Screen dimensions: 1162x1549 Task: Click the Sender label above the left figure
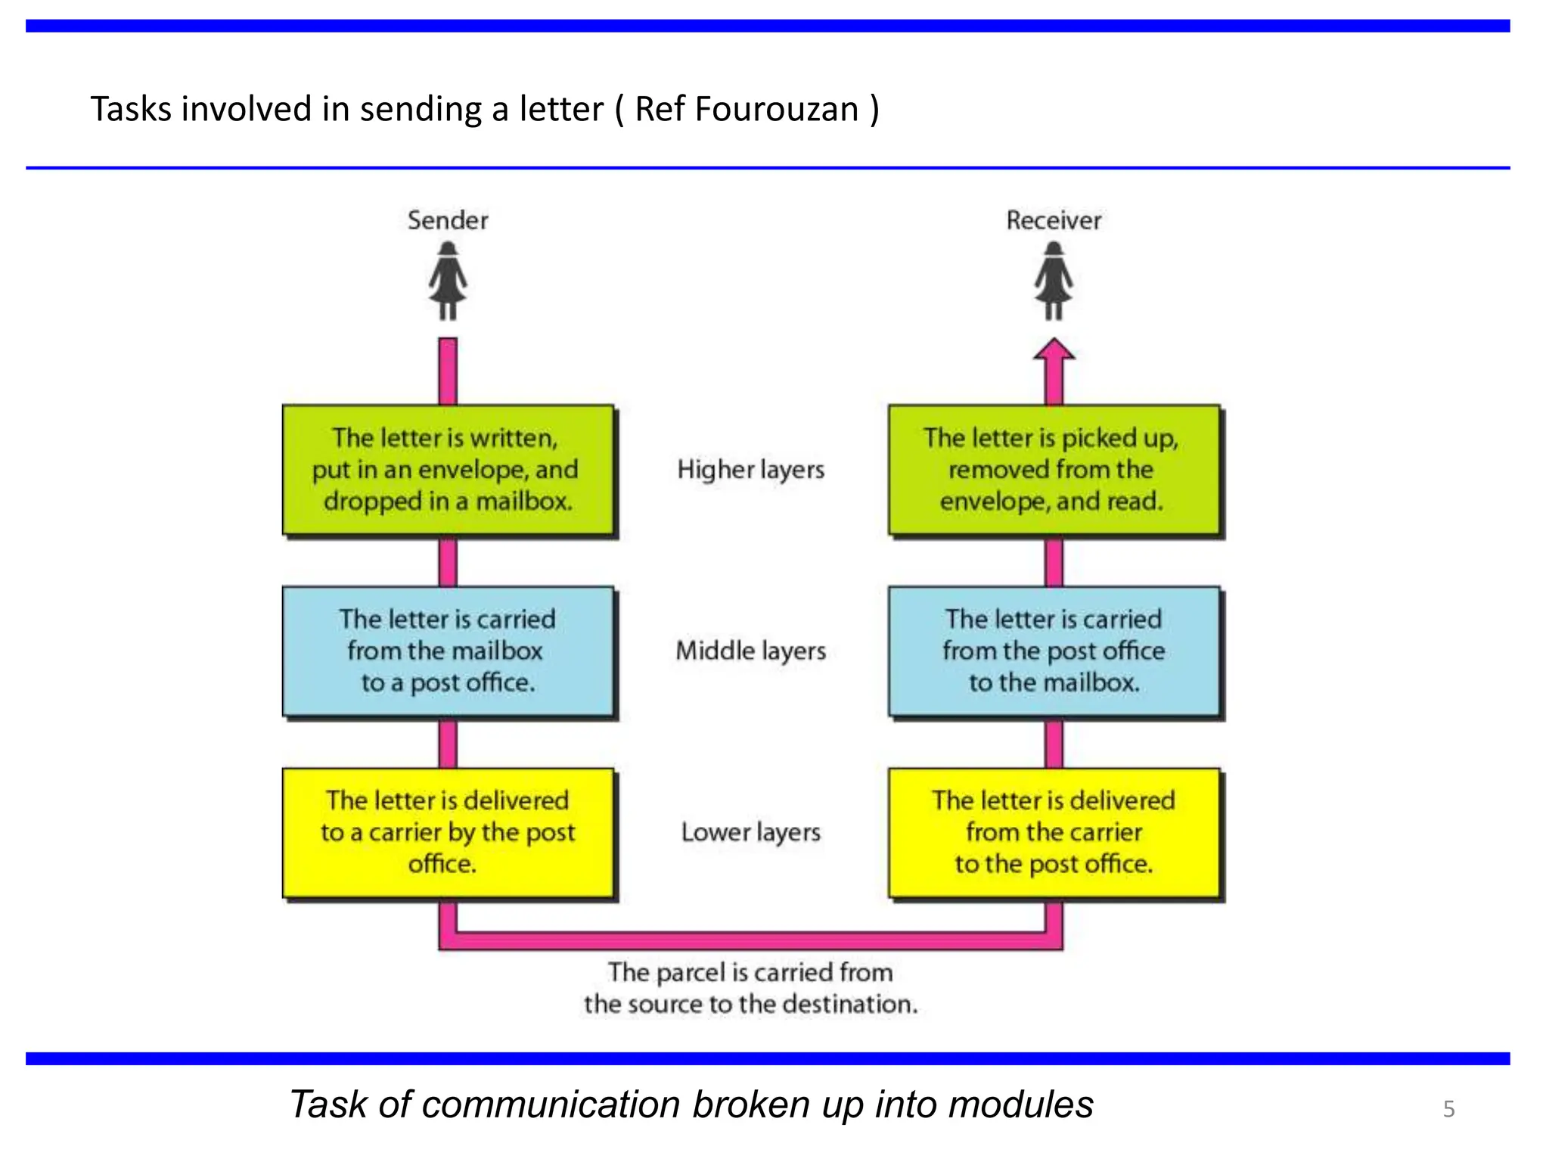(x=448, y=220)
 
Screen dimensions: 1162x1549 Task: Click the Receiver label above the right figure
(x=1053, y=220)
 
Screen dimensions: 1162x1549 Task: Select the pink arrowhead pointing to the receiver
(x=1054, y=351)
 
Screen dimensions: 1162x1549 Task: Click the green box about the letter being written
(x=448, y=470)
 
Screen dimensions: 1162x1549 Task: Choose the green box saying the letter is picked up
(x=1054, y=470)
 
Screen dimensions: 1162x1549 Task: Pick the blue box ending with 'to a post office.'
(x=448, y=651)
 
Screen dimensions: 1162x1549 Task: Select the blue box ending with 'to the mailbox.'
(x=1054, y=651)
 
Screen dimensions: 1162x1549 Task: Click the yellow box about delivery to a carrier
(x=448, y=832)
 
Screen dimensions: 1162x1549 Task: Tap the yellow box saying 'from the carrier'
(x=1054, y=832)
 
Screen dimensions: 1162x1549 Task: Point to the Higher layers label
(x=750, y=470)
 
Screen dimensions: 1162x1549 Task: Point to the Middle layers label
(x=750, y=651)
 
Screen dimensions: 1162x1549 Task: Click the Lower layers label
(x=750, y=832)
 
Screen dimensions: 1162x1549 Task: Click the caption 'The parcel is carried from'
(x=750, y=972)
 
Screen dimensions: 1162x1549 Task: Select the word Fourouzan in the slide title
(x=776, y=109)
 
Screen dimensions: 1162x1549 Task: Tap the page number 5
(x=1448, y=1109)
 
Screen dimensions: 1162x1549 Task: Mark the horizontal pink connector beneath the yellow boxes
(x=750, y=940)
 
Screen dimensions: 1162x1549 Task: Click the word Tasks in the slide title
(x=131, y=109)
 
